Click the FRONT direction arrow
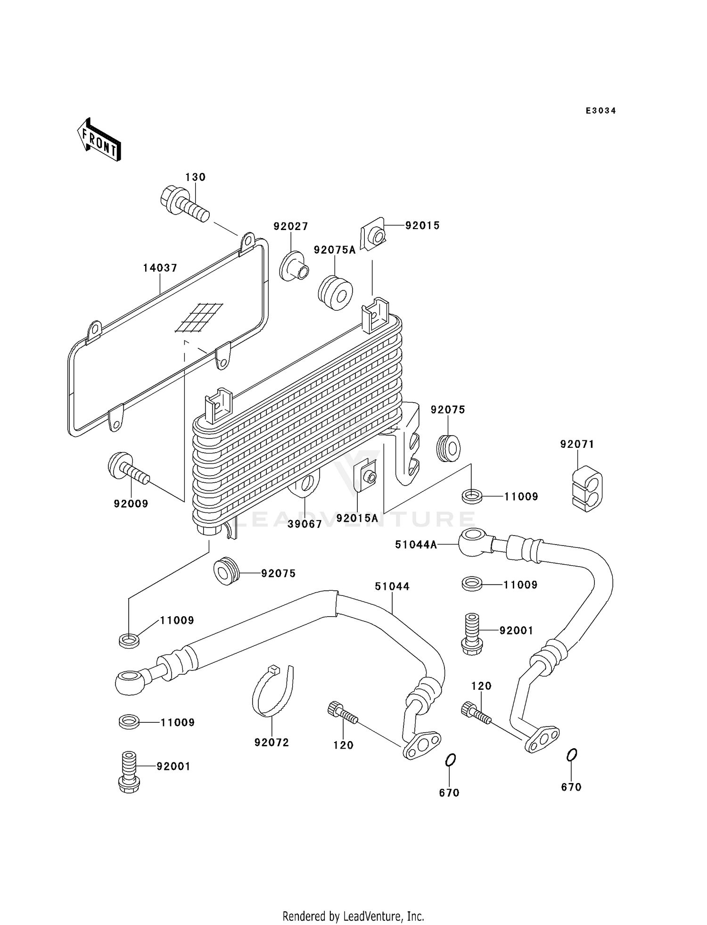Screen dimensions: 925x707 99,140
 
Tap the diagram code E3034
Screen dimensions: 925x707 600,111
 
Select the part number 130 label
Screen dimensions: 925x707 195,177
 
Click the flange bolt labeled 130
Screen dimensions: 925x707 184,205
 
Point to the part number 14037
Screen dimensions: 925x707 160,268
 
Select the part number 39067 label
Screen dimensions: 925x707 305,524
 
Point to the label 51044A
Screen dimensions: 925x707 416,545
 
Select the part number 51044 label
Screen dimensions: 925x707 392,586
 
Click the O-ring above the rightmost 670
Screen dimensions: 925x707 571,755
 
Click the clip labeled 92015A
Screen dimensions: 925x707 366,476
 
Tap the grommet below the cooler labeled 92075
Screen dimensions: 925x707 227,571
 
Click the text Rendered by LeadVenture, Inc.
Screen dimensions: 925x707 353,916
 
